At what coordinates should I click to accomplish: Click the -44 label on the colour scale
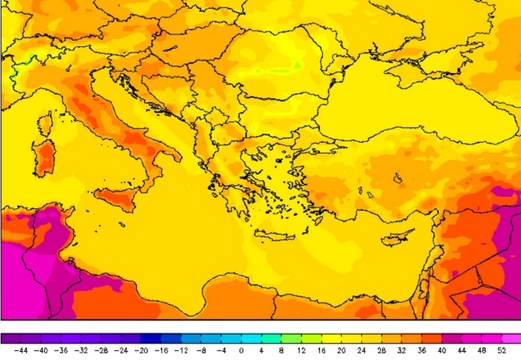[x=22, y=349]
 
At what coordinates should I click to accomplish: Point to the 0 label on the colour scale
[x=240, y=349]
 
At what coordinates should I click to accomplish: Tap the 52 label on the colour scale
[x=502, y=349]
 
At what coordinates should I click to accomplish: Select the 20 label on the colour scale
[x=342, y=349]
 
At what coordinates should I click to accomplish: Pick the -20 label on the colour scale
[x=142, y=349]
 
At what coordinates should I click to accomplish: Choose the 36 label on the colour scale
[x=422, y=349]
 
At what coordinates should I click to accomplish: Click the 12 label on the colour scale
[x=301, y=349]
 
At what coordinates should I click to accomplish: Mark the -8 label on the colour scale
[x=202, y=349]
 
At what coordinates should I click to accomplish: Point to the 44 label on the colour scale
[x=462, y=349]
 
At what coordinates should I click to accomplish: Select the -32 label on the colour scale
[x=82, y=349]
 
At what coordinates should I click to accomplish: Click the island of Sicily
[x=115, y=198]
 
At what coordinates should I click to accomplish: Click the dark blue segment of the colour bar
[x=153, y=337]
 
